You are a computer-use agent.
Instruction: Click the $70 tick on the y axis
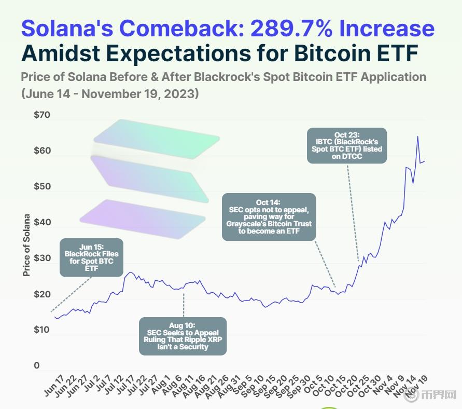click(42, 115)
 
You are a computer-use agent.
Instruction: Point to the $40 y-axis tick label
click(42, 223)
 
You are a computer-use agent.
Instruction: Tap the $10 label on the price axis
click(42, 330)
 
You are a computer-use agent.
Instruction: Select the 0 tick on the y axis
click(37, 366)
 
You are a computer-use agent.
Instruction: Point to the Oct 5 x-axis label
click(313, 384)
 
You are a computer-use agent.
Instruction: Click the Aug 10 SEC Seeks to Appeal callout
click(183, 336)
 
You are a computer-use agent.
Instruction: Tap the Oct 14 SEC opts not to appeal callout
click(269, 216)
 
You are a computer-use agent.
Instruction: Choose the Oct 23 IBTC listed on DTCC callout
click(347, 145)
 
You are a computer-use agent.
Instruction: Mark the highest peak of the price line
click(418, 137)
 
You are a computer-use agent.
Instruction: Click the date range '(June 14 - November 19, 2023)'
click(110, 95)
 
